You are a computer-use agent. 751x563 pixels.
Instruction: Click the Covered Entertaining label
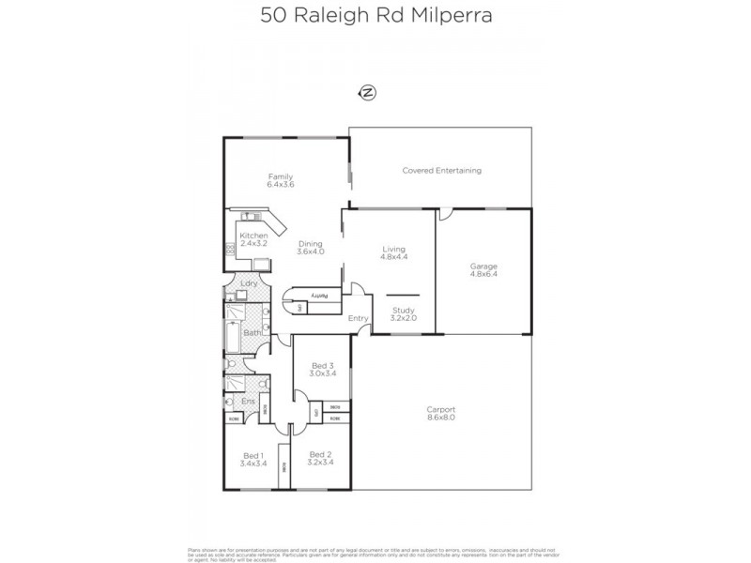(x=441, y=171)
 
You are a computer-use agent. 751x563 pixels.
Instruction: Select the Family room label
(x=281, y=176)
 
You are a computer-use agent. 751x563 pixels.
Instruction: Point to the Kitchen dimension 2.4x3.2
(x=253, y=244)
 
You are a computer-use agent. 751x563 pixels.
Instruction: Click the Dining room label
(x=310, y=244)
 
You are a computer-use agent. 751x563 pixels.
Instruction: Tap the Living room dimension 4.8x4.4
(x=393, y=256)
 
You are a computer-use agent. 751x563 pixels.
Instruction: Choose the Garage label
(x=483, y=266)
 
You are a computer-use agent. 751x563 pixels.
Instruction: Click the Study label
(x=403, y=310)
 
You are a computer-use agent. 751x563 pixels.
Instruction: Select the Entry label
(x=358, y=318)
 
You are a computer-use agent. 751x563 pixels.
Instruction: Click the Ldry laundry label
(x=249, y=283)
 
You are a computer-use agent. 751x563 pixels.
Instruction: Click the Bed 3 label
(x=321, y=365)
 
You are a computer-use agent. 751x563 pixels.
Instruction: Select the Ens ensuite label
(x=248, y=402)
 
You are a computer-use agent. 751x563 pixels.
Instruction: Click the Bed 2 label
(x=320, y=455)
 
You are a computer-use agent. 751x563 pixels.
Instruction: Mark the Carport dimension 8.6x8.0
(x=440, y=418)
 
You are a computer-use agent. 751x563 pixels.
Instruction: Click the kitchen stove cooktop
(x=228, y=250)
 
